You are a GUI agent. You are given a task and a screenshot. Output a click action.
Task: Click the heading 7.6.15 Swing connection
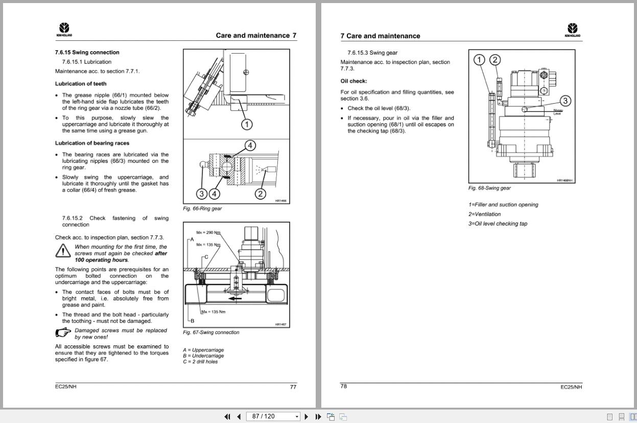pyautogui.click(x=87, y=52)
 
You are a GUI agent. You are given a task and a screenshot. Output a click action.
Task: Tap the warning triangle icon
pyautogui.click(x=63, y=251)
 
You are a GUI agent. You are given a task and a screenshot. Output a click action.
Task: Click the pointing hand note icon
pyautogui.click(x=63, y=333)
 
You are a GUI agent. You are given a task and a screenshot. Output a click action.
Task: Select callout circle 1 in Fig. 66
pyautogui.click(x=246, y=124)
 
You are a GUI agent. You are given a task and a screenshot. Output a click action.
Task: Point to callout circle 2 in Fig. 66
pyautogui.click(x=261, y=194)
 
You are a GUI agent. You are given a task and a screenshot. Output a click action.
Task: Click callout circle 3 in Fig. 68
pyautogui.click(x=565, y=101)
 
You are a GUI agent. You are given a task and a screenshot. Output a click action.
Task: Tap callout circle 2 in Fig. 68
pyautogui.click(x=495, y=60)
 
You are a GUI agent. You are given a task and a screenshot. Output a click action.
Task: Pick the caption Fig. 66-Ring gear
pyautogui.click(x=202, y=208)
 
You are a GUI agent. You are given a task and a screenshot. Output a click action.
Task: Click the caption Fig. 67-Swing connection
pyautogui.click(x=211, y=333)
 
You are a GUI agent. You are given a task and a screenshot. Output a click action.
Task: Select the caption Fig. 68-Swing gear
pyautogui.click(x=489, y=188)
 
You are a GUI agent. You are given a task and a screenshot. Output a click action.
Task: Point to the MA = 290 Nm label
pyautogui.click(x=208, y=233)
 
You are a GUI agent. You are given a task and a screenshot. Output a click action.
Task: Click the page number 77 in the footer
pyautogui.click(x=293, y=387)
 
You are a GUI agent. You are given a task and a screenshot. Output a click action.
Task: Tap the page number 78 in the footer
pyautogui.click(x=344, y=386)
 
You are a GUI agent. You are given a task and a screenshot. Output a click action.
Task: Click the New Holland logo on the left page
pyautogui.click(x=64, y=30)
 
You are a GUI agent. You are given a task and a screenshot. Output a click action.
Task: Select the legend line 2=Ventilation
pyautogui.click(x=485, y=214)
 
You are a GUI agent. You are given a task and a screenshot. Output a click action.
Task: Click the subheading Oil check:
pyautogui.click(x=353, y=81)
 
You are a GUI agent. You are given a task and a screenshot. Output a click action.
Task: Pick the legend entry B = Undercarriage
pyautogui.click(x=203, y=356)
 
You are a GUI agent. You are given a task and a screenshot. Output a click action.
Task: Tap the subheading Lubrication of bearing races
pyautogui.click(x=92, y=143)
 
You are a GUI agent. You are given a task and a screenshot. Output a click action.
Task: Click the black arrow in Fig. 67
pyautogui.click(x=235, y=298)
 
